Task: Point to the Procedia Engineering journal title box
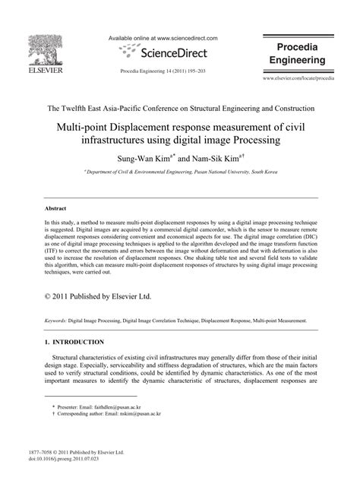point(298,52)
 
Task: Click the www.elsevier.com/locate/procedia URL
point(298,78)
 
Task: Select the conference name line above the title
point(180,108)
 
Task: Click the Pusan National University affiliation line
point(180,173)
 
